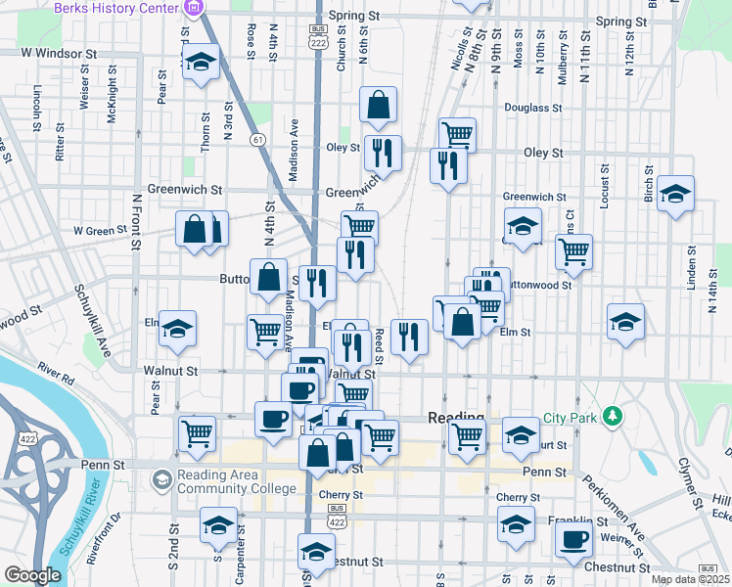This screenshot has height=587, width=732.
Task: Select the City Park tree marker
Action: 614,417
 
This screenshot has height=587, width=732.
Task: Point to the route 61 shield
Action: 257,140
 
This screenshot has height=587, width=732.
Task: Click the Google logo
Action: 32,575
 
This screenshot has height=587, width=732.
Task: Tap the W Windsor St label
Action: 59,51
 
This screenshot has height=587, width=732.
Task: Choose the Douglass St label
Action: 531,108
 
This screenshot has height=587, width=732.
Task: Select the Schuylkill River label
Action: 81,519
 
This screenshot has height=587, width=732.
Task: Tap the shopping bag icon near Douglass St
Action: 378,104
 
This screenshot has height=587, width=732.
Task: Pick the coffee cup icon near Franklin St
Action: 574,538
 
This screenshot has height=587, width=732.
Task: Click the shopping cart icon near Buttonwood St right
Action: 573,250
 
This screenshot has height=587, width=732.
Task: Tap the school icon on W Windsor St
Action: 201,64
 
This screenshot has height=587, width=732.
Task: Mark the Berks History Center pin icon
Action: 192,8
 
